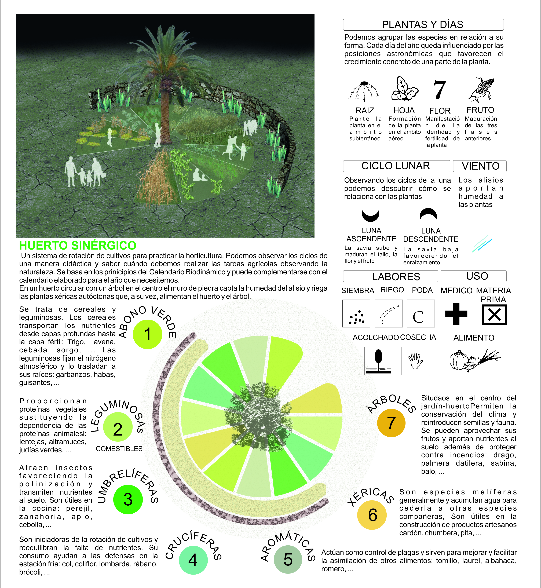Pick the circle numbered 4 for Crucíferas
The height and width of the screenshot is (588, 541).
click(193, 560)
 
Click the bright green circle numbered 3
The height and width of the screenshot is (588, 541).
click(128, 499)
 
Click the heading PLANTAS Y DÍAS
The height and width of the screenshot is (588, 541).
click(423, 25)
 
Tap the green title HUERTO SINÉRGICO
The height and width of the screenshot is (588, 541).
click(78, 245)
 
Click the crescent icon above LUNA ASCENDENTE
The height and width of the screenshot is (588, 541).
click(371, 216)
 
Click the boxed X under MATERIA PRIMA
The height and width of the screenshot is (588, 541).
click(494, 315)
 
